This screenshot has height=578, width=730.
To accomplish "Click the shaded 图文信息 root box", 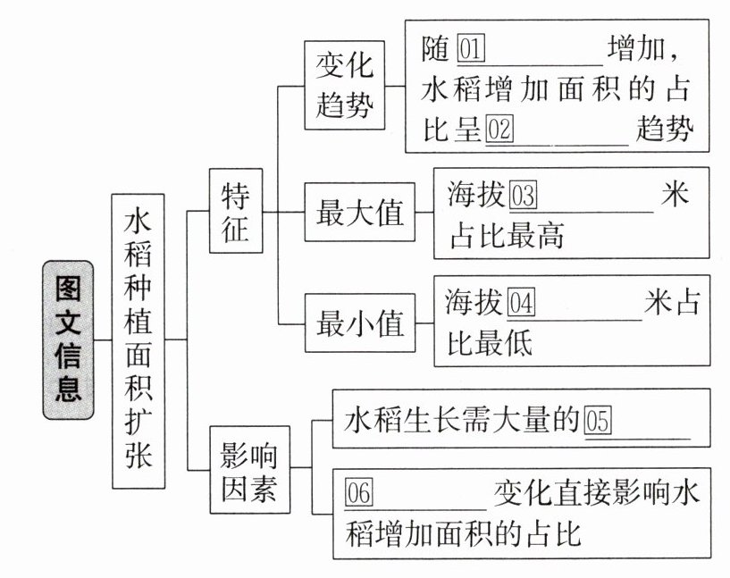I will tap(67, 340).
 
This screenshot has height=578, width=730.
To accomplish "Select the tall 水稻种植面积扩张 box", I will tap(138, 340).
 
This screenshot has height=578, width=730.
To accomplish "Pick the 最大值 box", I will tap(360, 214).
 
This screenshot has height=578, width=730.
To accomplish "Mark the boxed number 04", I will tap(520, 304).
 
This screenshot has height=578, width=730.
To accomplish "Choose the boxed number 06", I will tap(358, 492).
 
